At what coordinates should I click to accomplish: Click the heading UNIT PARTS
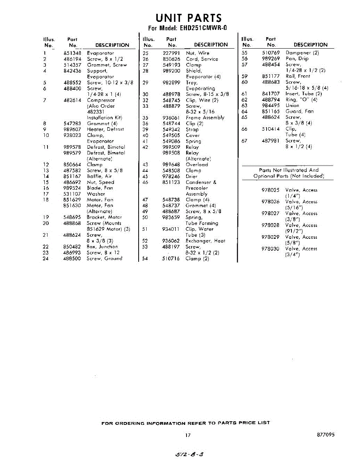pos(188,18)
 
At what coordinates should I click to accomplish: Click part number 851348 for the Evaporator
pos(72,53)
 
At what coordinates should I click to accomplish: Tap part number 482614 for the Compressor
pos(72,100)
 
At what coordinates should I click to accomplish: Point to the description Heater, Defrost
pos(105,130)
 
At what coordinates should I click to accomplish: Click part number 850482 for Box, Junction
pos(72,247)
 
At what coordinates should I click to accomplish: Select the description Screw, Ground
pos(105,259)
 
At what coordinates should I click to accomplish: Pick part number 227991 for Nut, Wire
pos(171,53)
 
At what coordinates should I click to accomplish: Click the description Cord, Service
pos(202,59)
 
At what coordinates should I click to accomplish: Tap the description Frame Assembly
pos(205,118)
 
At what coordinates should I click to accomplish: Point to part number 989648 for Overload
pos(171,165)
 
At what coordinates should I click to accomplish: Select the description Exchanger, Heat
pos(205,241)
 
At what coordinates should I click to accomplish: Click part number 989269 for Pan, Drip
pos(271,59)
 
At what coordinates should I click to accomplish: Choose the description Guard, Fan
pos(299,112)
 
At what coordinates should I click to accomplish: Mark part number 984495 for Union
pos(271,105)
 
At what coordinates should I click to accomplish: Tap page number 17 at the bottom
pos(188,435)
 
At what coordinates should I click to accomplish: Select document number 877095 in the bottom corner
pos(326,435)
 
